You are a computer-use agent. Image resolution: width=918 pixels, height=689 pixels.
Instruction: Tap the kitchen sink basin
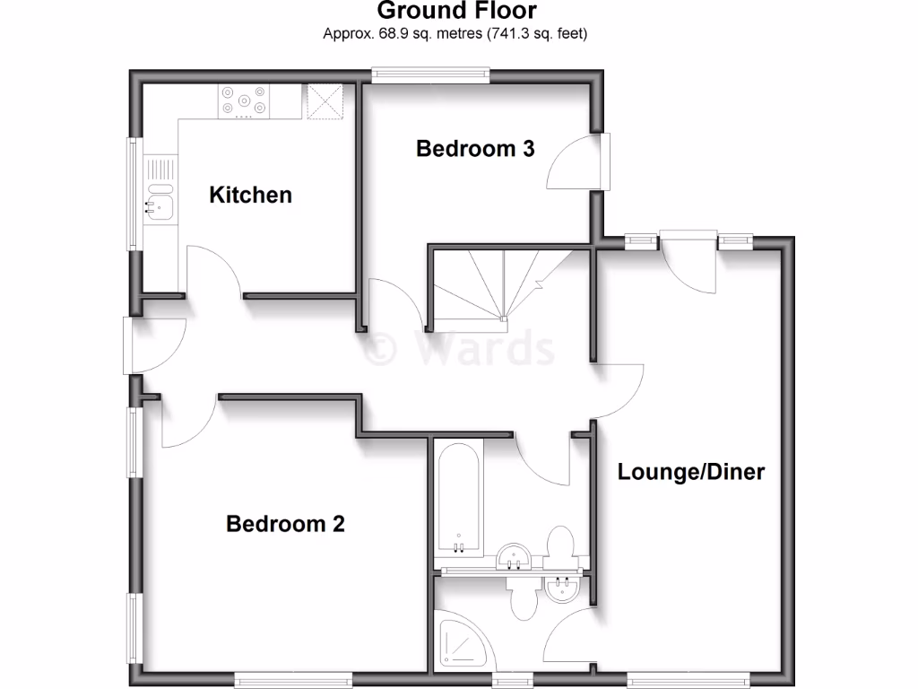pos(160,208)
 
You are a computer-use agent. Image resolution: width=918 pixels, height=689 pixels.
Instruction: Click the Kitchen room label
pos(250,195)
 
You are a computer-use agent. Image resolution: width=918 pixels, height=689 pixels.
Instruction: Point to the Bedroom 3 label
pos(475,149)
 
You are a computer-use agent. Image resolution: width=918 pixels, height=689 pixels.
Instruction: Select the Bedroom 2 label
pos(285,523)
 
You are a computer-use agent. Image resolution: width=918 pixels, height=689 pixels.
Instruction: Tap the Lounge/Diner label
pos(690,472)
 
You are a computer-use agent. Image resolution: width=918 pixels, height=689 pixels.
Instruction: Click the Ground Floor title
pos(456,11)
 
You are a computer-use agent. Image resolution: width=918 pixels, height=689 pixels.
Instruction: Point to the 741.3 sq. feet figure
pos(538,34)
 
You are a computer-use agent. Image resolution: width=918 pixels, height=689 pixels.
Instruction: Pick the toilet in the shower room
pos(523,597)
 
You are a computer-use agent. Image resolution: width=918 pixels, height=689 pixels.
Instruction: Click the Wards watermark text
pos(463,349)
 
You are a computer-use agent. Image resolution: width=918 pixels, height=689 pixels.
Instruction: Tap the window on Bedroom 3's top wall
pos(431,76)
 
